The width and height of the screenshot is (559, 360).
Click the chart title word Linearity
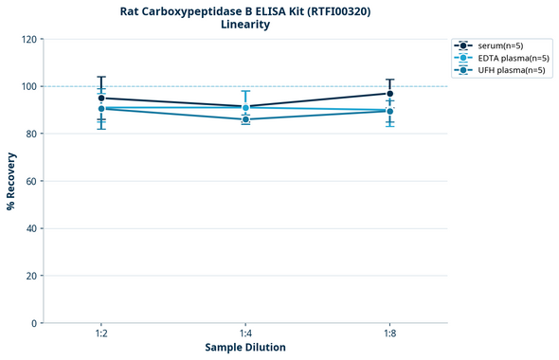click(244, 25)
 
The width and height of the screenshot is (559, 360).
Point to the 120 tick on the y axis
click(29, 39)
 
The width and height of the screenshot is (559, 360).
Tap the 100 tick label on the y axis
click(29, 86)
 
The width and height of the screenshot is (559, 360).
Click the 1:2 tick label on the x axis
click(101, 334)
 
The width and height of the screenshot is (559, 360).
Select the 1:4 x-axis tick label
click(245, 334)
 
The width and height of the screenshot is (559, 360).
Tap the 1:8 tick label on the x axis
click(389, 334)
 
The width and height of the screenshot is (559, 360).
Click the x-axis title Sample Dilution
click(245, 348)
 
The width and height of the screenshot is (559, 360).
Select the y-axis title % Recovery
click(11, 181)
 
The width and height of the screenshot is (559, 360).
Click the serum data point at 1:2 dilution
click(101, 98)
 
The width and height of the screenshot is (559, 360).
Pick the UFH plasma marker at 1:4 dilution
click(245, 119)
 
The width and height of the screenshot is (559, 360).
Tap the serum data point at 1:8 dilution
click(389, 93)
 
